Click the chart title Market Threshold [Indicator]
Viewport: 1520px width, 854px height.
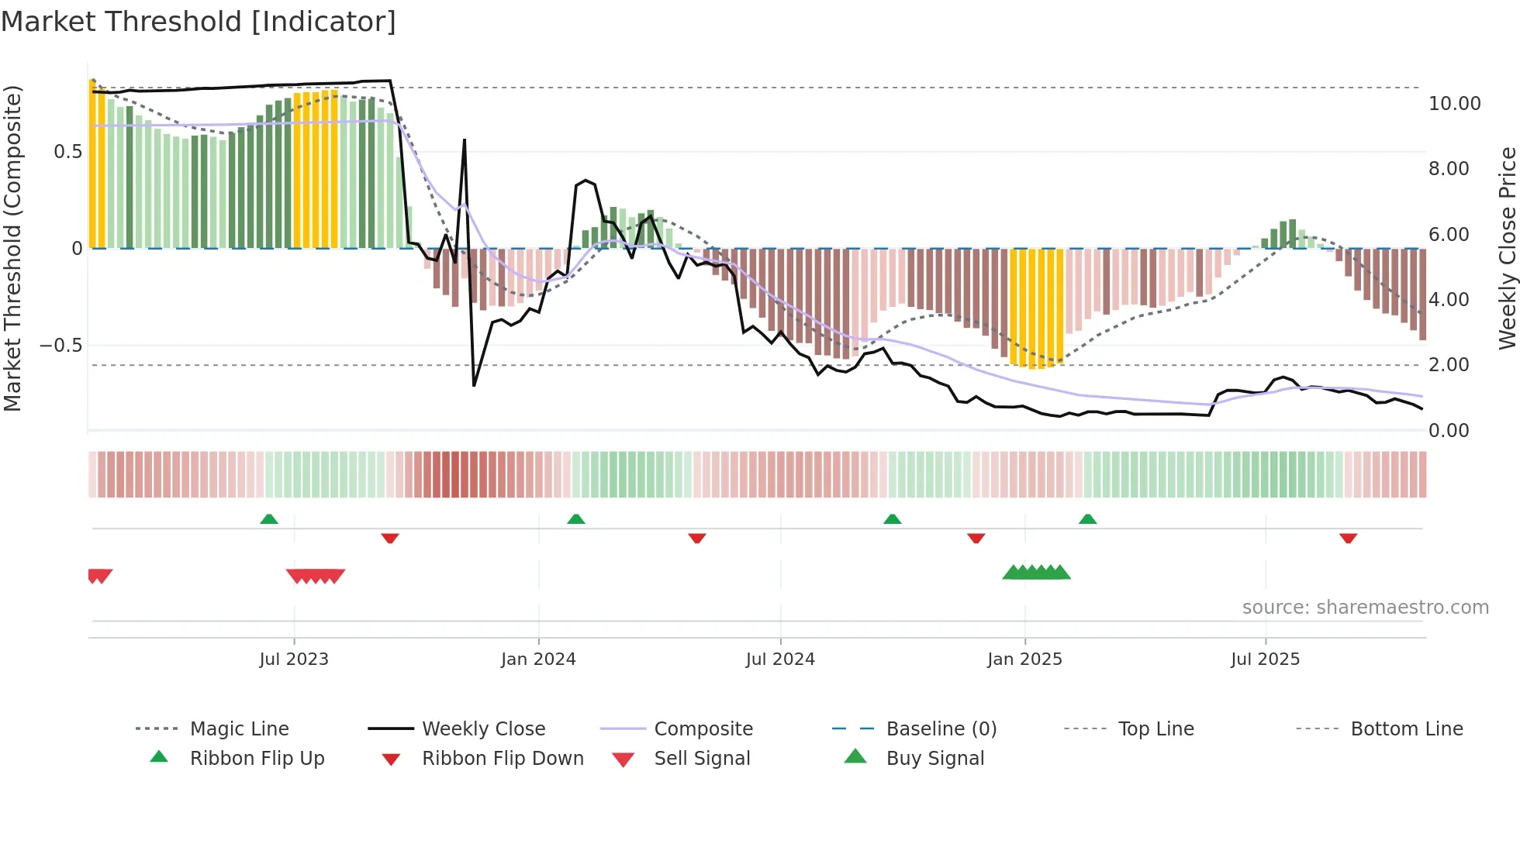coord(199,22)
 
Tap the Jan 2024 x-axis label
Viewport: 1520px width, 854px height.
coord(538,659)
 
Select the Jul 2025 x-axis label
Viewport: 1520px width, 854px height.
coord(1265,659)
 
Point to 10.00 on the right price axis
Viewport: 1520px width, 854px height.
coord(1454,103)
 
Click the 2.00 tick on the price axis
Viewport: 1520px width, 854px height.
coord(1448,364)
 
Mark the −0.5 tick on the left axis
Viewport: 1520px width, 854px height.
coord(60,345)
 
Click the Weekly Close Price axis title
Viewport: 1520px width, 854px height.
coord(1507,248)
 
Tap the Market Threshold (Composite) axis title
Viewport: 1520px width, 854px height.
coord(12,248)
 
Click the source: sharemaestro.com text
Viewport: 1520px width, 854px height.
coord(1365,607)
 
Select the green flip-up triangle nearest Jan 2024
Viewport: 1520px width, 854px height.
coord(575,519)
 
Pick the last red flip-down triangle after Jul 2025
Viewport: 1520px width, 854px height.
coord(1348,538)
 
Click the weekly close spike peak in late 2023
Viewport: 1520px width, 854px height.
coord(465,140)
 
